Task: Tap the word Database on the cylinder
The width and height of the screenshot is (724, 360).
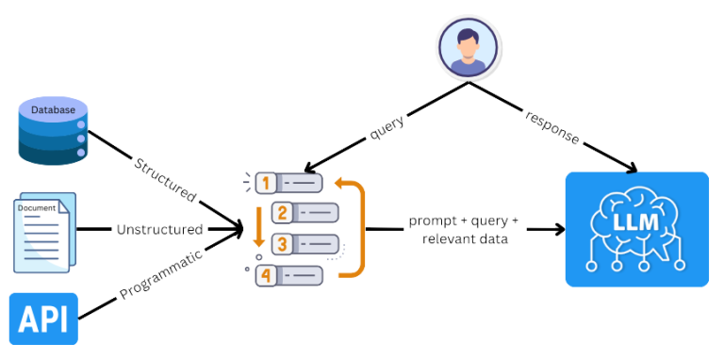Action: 54,111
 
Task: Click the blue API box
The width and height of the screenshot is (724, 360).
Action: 42,319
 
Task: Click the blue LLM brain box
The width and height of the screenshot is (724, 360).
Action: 635,229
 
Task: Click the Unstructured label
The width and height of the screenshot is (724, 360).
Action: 156,229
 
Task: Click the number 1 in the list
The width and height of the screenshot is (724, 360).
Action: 267,181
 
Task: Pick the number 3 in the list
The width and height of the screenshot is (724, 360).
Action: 280,244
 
